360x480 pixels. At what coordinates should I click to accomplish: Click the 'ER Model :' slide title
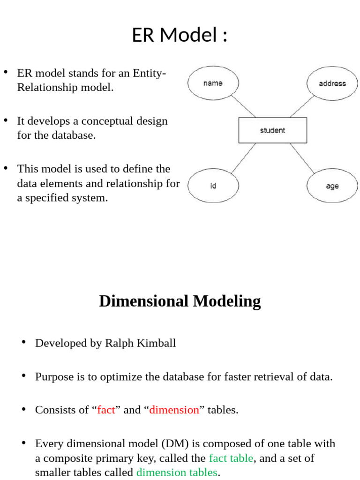(180, 36)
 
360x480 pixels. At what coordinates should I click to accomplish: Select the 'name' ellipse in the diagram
(213, 83)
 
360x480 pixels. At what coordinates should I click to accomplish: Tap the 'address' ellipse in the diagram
(332, 83)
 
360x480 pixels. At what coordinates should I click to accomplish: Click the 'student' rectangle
(272, 130)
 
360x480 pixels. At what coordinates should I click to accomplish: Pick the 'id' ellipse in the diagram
(213, 186)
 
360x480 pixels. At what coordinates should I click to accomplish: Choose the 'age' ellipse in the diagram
(332, 186)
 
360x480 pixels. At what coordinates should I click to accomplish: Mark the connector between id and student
(243, 157)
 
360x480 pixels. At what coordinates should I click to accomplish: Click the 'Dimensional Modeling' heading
(180, 301)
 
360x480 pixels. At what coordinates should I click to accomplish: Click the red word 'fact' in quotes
(106, 410)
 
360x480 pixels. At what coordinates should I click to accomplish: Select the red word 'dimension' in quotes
(174, 410)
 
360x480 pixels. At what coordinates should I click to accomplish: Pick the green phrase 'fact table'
(231, 458)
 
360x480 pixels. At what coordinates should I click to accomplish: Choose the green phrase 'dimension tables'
(177, 472)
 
